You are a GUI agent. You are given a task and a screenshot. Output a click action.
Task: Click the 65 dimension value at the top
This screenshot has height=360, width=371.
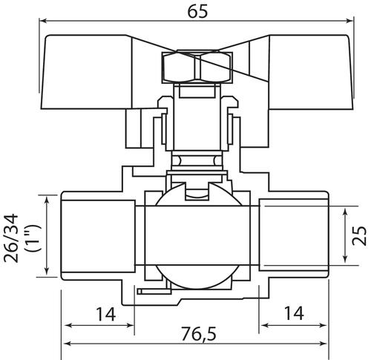point(197,12)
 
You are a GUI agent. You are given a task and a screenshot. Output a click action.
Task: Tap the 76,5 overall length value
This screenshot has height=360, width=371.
point(199,334)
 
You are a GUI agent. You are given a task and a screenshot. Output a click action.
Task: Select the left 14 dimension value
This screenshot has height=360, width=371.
point(106,314)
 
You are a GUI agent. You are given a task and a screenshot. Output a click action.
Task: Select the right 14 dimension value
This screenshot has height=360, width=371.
point(294,313)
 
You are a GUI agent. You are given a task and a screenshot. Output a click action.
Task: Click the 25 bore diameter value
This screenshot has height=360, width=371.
point(360,235)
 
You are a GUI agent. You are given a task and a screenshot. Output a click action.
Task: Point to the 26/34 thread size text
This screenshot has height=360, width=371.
point(11,238)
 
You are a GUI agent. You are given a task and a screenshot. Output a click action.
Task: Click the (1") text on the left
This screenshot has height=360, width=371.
point(33,238)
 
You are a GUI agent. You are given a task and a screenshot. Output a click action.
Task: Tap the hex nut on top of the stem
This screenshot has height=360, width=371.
point(197,67)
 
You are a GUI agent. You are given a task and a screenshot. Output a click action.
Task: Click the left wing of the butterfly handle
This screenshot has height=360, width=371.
point(87,72)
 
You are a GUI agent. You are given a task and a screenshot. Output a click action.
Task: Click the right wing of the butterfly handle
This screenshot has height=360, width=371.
point(310,72)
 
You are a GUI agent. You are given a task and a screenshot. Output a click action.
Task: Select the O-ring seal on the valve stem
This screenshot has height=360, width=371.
point(197,160)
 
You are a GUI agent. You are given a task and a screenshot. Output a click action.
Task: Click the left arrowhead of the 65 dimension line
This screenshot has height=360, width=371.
point(43,21)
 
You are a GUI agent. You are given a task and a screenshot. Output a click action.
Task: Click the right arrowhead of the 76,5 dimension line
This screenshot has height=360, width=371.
point(323,344)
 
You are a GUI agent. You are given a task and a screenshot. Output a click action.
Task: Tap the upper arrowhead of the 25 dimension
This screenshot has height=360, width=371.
point(345,212)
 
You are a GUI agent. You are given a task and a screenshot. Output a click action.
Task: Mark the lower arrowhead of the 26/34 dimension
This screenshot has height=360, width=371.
point(46,271)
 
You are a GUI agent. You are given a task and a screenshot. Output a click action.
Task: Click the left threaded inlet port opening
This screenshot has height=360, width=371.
point(98,236)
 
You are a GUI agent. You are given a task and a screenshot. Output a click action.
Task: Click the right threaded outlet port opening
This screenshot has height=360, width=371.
point(294,235)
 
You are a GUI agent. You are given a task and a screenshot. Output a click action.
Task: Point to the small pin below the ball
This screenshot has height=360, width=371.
point(154,292)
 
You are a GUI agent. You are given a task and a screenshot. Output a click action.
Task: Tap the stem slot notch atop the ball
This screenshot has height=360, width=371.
point(197,192)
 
